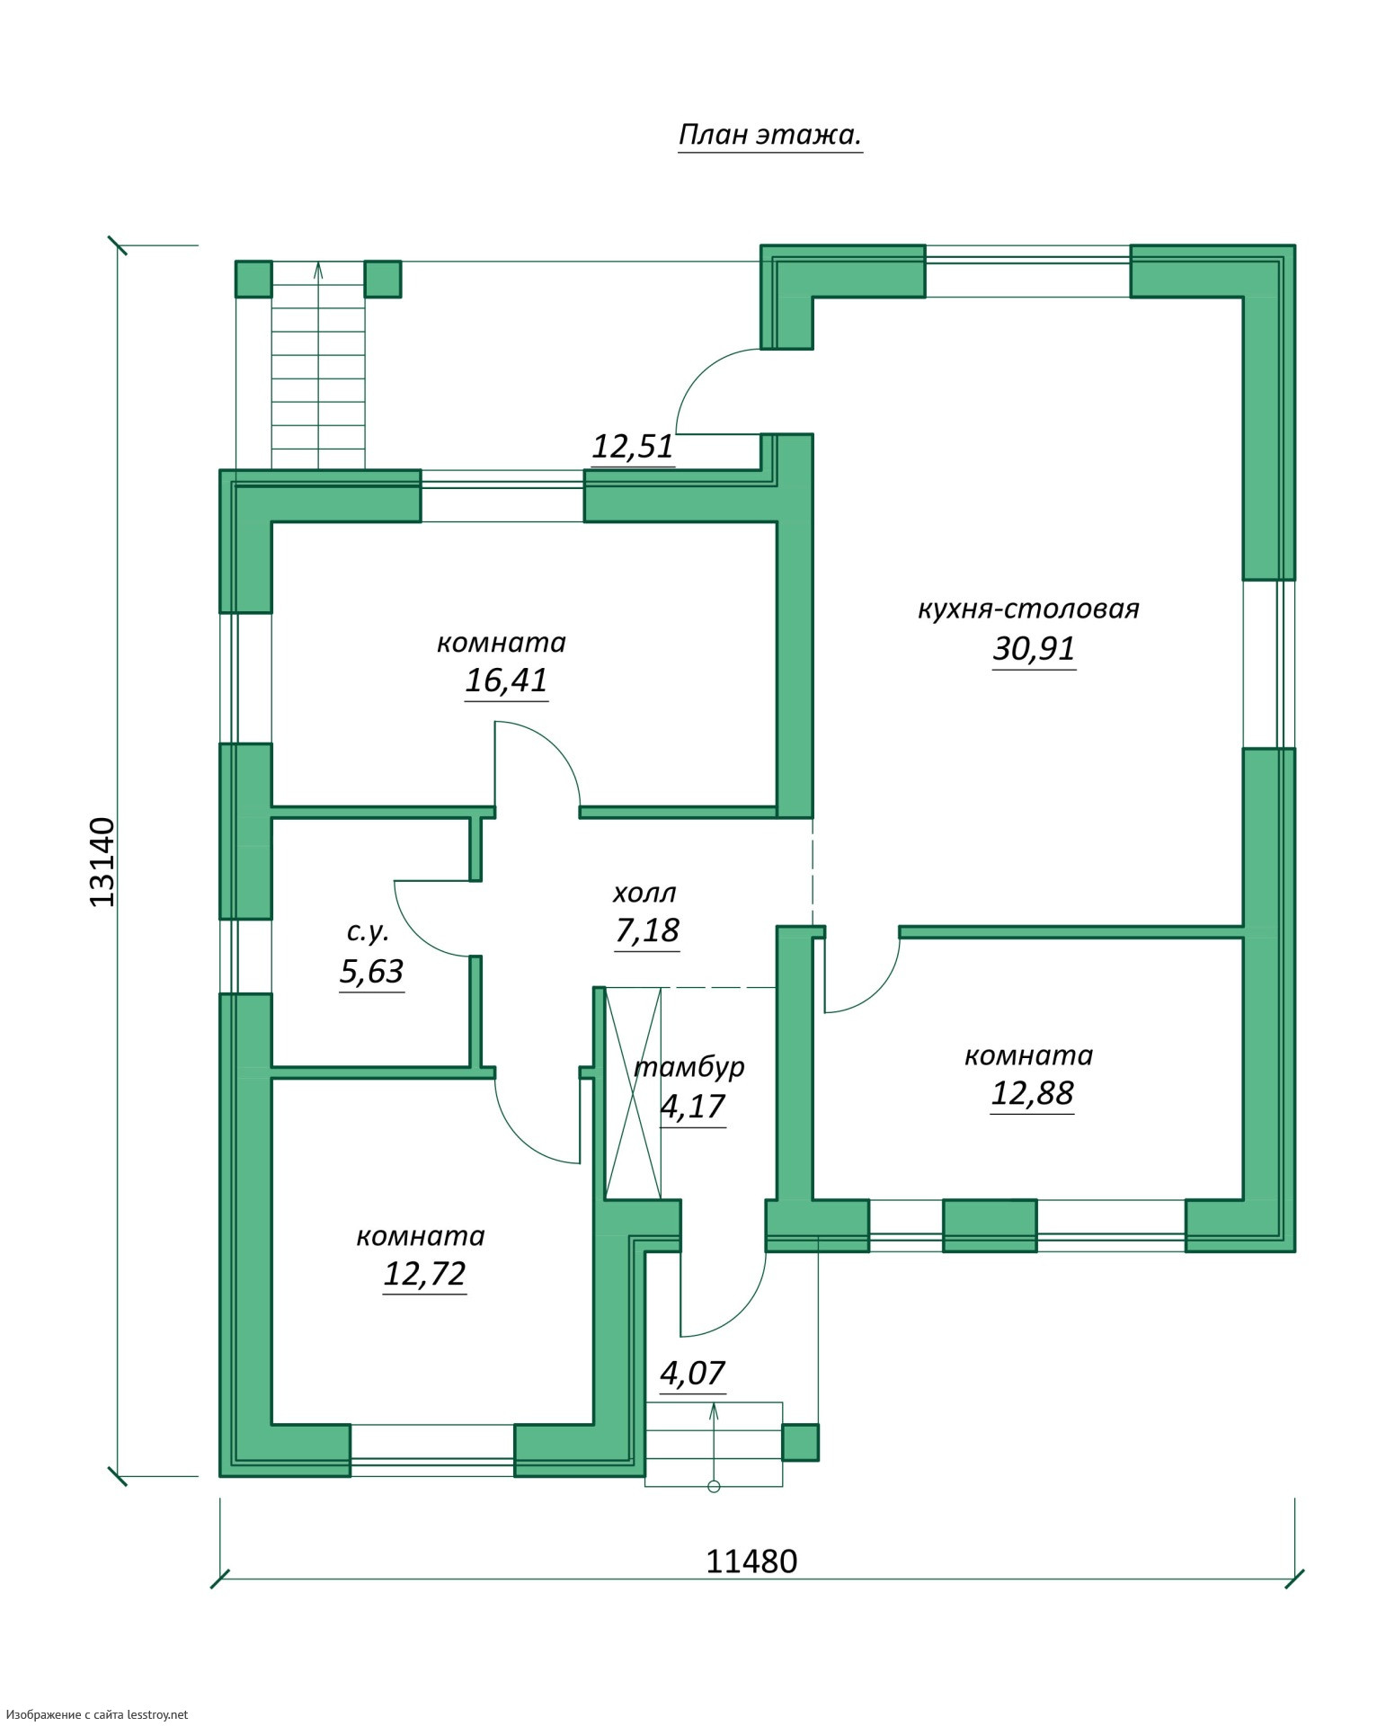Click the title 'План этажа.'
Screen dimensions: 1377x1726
[x=770, y=136]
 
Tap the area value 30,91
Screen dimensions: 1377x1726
[x=1034, y=648]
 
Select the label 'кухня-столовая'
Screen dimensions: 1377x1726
[x=1028, y=609]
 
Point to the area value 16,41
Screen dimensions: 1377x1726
[x=506, y=681]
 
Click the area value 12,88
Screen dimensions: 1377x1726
[x=1032, y=1093]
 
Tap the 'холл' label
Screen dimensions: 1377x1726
[x=644, y=893]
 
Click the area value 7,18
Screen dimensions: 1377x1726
[x=647, y=930]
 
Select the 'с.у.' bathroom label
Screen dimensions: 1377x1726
[x=368, y=932]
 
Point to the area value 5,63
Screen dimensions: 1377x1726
[x=372, y=972]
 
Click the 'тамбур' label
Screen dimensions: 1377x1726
[x=689, y=1067]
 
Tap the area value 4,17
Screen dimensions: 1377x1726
[x=692, y=1107]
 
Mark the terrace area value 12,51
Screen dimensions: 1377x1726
[x=633, y=447]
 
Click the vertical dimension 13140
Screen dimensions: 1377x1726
[x=103, y=861]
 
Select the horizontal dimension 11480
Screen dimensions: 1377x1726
[x=751, y=1561]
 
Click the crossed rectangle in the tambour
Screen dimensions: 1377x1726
[x=634, y=1093]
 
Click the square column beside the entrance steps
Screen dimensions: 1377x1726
[x=800, y=1442]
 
